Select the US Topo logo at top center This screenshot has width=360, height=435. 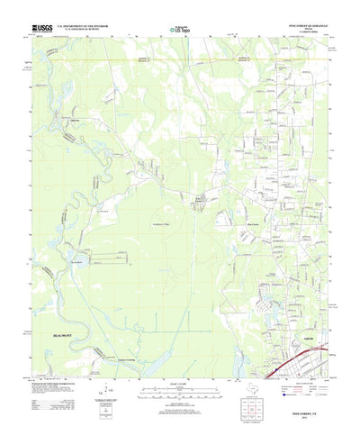coord(180,30)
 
